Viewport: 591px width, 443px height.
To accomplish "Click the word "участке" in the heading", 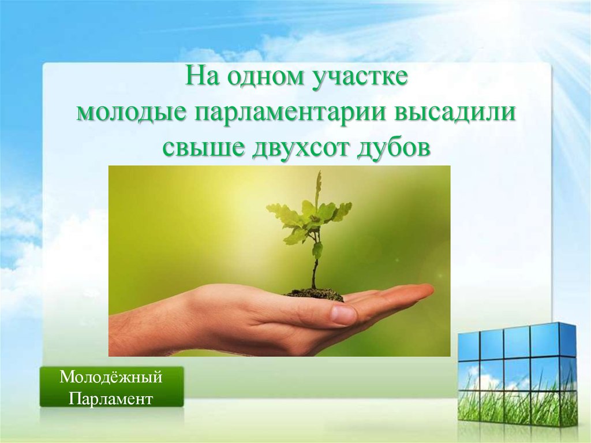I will pos(360,79).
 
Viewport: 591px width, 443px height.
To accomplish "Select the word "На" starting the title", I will pos(203,79).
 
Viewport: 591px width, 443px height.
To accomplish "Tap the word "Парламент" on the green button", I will pos(111,399).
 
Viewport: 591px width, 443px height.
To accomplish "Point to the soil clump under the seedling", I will pos(315,295).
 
